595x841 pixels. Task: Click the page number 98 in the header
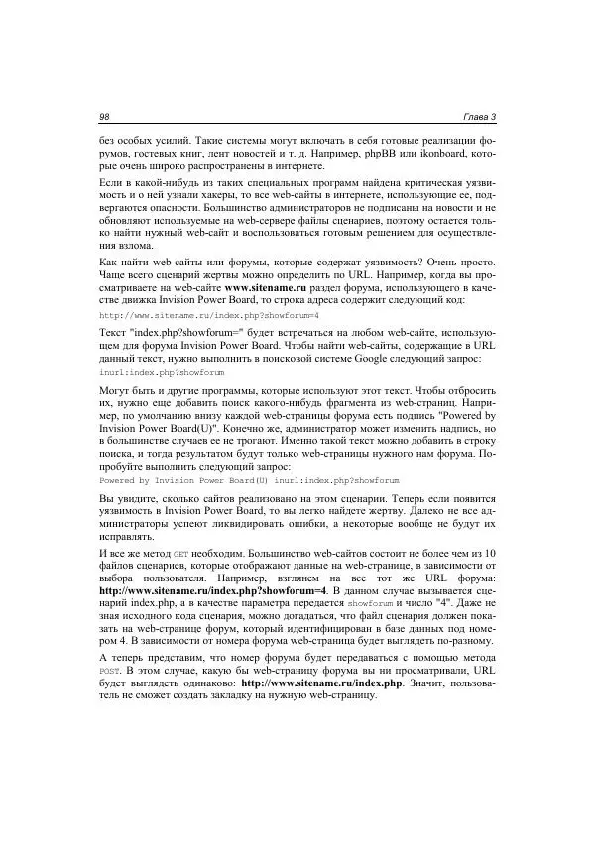tap(104, 118)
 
